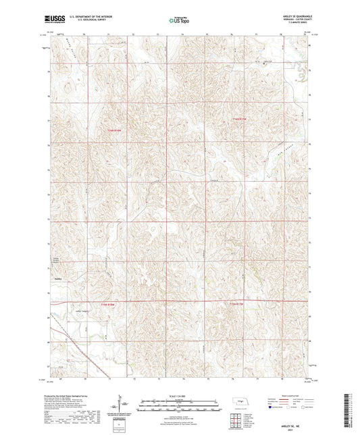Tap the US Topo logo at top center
pyautogui.click(x=179, y=20)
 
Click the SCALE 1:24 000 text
pyautogui.click(x=179, y=395)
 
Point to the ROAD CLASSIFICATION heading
pyautogui.click(x=286, y=395)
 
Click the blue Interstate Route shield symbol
pyautogui.click(x=271, y=407)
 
